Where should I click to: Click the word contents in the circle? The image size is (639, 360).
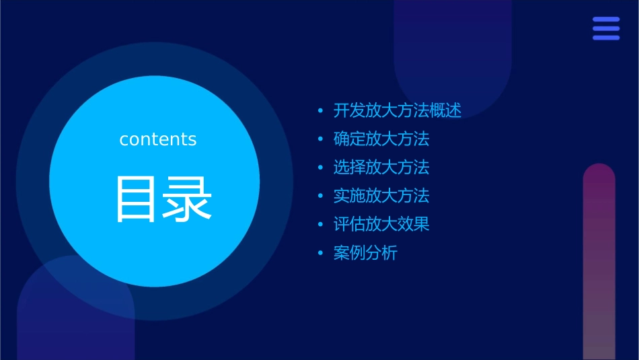[x=158, y=139]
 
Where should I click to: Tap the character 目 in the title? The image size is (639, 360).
[x=137, y=199]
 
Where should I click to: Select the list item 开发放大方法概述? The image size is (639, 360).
[x=397, y=111]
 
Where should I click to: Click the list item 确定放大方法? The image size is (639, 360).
[x=381, y=139]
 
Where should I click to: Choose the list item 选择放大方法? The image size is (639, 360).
[x=381, y=168]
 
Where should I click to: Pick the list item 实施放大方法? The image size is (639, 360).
[x=381, y=196]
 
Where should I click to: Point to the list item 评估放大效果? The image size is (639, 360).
[x=381, y=225]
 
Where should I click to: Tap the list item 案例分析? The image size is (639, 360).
[x=365, y=254]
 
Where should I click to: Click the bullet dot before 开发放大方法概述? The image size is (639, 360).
[x=320, y=111]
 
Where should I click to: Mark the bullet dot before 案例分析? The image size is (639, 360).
[x=320, y=254]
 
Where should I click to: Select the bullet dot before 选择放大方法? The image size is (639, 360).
[x=320, y=168]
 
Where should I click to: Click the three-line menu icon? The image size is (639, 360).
[x=606, y=28]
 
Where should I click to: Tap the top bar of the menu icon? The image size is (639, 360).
[x=606, y=20]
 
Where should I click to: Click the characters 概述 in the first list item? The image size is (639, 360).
[x=445, y=111]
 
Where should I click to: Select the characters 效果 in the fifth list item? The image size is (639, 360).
[x=413, y=225]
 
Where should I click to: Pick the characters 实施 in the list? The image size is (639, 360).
[x=349, y=196]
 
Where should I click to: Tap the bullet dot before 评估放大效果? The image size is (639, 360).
[x=320, y=225]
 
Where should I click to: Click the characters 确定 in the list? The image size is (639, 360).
[x=349, y=139]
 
